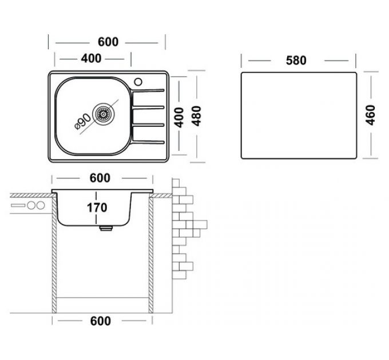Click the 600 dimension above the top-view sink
(108, 42)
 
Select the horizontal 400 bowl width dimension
(92, 58)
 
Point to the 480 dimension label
(197, 117)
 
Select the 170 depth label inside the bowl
(98, 207)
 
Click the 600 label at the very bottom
(100, 321)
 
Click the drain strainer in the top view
(104, 114)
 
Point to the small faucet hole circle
(139, 81)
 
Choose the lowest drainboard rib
(149, 141)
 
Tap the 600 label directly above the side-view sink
(100, 178)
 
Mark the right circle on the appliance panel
(41, 205)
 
